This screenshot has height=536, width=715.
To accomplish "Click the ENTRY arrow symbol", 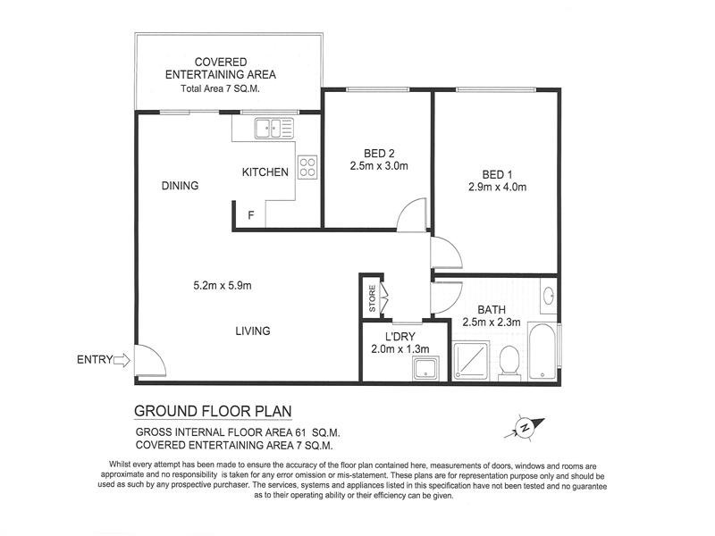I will click(122, 361).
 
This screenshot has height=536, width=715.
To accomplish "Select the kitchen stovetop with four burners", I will click(307, 167).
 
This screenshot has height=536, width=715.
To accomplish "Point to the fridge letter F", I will click(251, 215).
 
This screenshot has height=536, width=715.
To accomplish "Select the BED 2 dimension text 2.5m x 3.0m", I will click(378, 165).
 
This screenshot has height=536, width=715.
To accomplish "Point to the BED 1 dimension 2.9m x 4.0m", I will click(496, 187).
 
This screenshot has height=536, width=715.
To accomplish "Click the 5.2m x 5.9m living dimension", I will click(223, 286).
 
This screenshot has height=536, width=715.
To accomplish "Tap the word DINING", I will click(180, 186).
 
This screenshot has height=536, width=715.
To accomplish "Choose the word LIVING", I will click(252, 331).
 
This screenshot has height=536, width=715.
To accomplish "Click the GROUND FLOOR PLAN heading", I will click(213, 412).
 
